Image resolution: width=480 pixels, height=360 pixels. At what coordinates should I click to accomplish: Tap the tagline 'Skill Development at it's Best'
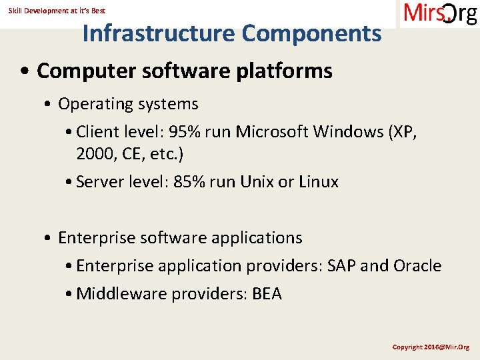click(x=57, y=11)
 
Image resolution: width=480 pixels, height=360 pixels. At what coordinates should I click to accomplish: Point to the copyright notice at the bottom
click(x=431, y=347)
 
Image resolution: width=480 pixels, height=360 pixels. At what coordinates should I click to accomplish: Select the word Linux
click(x=318, y=182)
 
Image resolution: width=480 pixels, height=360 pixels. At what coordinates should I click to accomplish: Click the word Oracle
click(x=417, y=266)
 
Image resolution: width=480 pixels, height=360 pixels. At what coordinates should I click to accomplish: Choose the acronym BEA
click(x=267, y=294)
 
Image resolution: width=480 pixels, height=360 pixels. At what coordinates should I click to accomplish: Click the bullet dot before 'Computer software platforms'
click(x=25, y=71)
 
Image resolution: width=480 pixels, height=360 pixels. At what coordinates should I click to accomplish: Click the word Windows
click(x=351, y=132)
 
